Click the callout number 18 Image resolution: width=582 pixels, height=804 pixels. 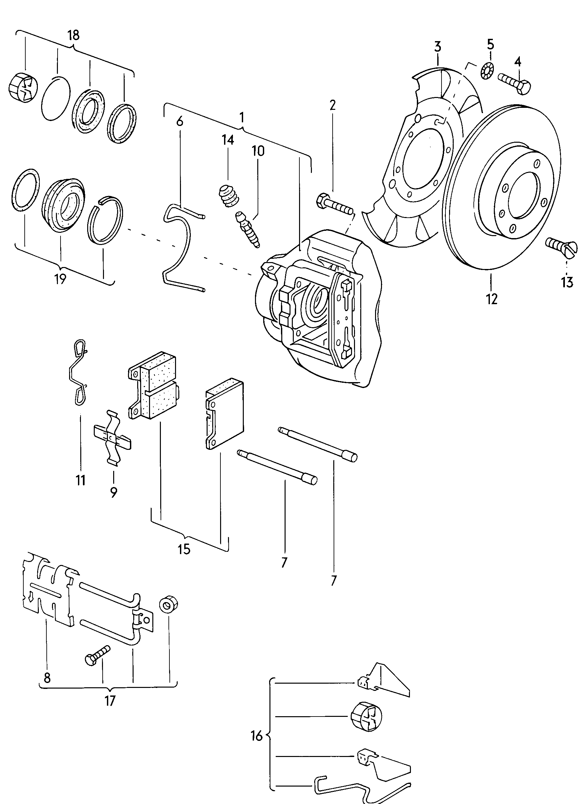73,36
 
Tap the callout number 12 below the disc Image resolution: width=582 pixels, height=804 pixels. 492,299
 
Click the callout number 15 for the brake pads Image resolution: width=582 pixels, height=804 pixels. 184,549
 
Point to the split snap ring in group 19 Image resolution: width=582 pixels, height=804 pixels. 105,220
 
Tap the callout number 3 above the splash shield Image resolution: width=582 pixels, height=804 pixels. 437,46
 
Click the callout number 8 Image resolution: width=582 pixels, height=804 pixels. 47,677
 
